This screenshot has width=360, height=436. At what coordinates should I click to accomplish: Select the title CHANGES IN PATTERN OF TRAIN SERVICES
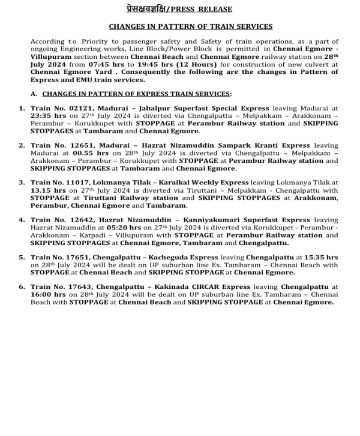tap(190, 26)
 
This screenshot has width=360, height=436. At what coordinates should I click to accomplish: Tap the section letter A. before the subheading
tap(34, 94)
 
